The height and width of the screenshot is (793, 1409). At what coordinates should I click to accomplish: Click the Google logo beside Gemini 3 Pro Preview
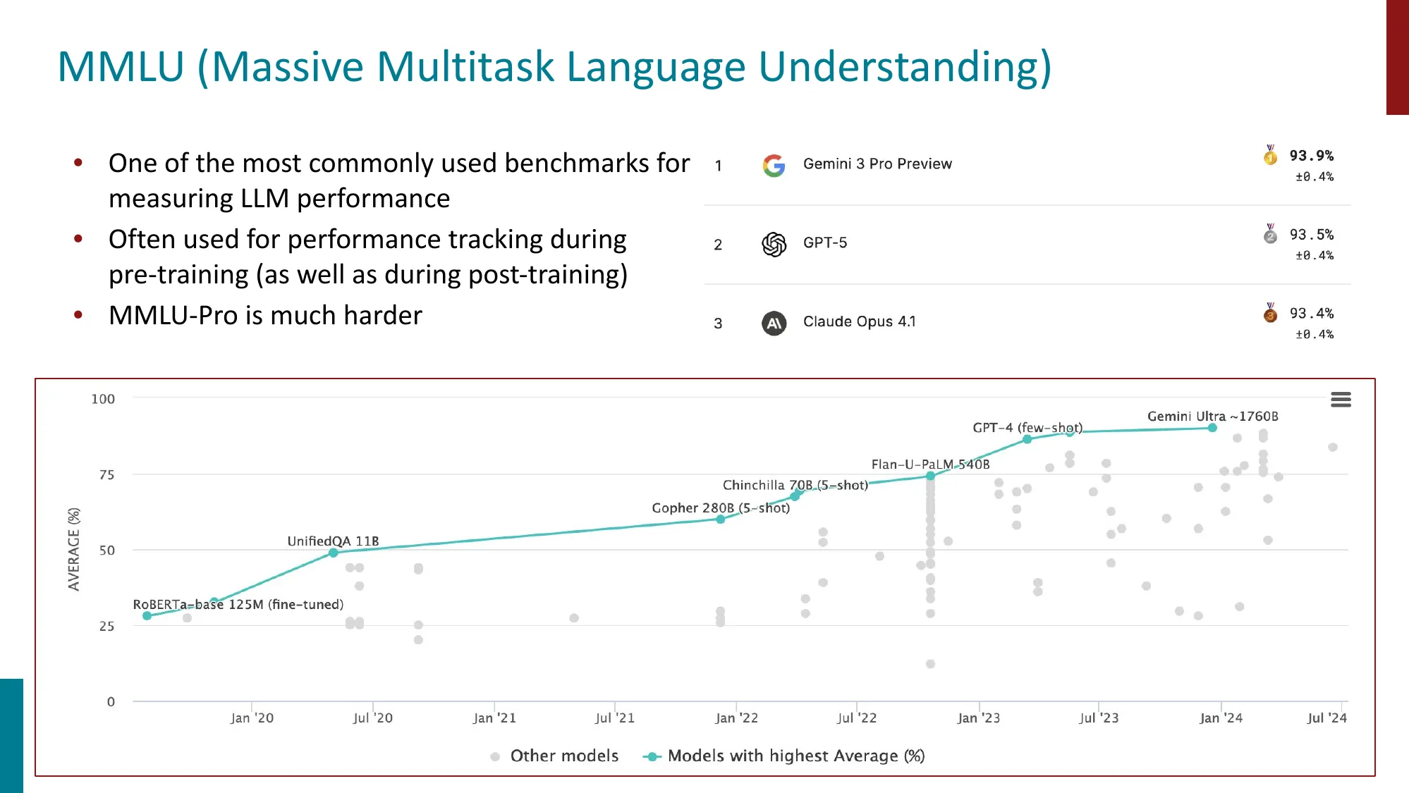click(774, 166)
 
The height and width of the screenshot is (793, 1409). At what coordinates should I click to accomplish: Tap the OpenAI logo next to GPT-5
click(774, 245)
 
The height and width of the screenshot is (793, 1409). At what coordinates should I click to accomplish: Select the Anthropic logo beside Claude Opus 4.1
click(774, 324)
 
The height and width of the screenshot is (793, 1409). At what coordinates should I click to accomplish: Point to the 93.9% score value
click(1311, 156)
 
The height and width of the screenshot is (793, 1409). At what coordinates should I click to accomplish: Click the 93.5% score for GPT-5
click(1311, 235)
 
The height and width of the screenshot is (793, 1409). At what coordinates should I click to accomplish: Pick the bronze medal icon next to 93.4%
click(1270, 313)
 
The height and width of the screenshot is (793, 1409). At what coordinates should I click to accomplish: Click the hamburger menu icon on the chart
click(1341, 400)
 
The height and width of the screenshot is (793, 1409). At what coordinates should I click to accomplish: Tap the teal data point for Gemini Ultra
click(1212, 428)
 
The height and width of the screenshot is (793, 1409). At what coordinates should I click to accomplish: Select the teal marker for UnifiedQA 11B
click(334, 553)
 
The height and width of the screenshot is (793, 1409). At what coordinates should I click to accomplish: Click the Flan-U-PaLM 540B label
click(930, 465)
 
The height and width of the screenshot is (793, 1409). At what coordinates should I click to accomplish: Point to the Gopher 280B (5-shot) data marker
click(720, 520)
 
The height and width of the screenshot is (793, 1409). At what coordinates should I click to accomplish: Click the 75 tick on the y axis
click(106, 475)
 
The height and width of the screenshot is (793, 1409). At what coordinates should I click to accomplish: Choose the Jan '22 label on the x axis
click(736, 718)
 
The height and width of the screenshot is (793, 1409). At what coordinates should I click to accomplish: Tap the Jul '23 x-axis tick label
click(1099, 718)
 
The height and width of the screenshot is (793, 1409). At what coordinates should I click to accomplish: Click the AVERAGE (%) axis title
click(74, 549)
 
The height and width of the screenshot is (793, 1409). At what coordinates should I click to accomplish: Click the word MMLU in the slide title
click(121, 68)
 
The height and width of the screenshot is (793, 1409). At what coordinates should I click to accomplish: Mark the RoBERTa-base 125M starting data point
click(147, 616)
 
